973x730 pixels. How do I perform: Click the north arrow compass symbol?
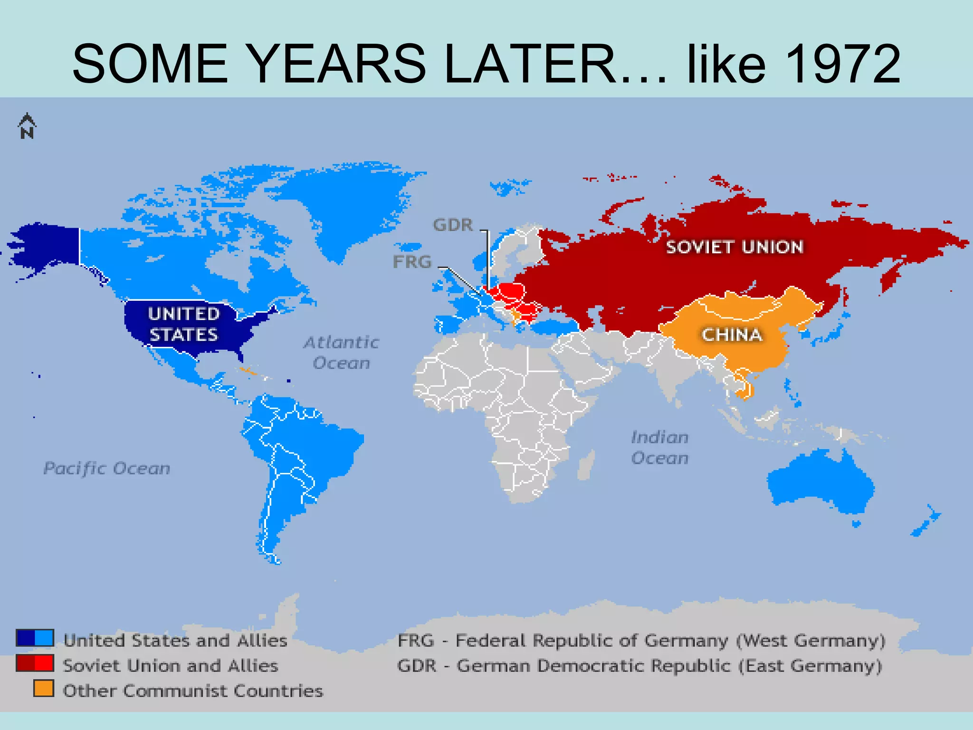(27, 126)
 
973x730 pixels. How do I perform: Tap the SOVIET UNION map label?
(734, 247)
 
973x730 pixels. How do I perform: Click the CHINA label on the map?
(732, 335)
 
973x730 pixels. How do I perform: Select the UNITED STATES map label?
(183, 324)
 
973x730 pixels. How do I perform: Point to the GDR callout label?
(453, 225)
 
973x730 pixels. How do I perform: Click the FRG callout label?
(412, 262)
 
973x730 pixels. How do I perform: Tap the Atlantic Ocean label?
(341, 353)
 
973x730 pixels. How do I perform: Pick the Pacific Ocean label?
(107, 469)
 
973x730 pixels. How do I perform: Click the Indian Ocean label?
(659, 448)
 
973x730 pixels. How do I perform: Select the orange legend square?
(43, 688)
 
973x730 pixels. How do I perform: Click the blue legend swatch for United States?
(35, 638)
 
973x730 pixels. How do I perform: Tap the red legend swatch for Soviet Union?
(35, 663)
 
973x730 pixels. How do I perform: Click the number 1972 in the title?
(842, 64)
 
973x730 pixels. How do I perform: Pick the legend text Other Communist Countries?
(193, 691)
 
